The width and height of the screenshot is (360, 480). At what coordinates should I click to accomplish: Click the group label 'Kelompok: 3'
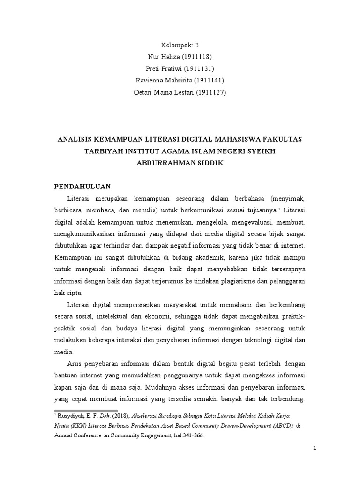[x=180, y=45]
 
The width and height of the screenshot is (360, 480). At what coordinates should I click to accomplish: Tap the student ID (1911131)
[x=198, y=69]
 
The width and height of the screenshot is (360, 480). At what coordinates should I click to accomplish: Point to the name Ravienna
[x=147, y=81]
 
